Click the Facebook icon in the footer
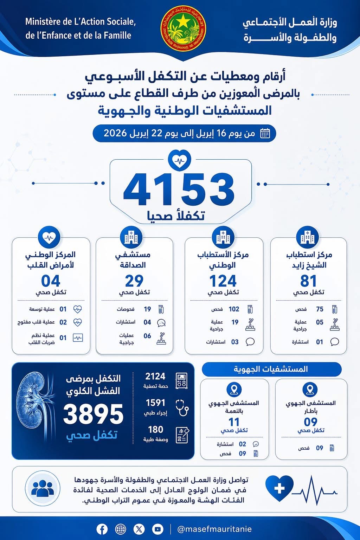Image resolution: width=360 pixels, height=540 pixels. point(102,529)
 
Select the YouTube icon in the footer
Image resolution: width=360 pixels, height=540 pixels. point(157,529)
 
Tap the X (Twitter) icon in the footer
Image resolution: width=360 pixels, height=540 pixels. point(139,529)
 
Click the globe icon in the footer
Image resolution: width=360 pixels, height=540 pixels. point(121,529)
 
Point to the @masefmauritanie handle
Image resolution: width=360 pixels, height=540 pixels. point(214,529)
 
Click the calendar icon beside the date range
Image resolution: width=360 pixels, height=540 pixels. point(265,134)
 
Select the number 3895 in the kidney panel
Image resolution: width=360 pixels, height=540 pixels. point(94,414)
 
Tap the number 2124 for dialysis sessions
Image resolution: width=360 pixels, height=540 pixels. point(155,377)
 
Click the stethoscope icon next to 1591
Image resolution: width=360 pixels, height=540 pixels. point(182,407)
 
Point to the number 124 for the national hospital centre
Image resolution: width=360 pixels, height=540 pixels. point(223,281)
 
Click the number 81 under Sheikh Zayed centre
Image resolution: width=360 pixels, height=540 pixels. point(309,281)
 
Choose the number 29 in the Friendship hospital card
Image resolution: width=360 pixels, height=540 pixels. point(134,281)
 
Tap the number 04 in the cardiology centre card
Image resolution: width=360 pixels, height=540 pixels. point(51,281)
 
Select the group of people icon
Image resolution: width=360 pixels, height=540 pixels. point(43,488)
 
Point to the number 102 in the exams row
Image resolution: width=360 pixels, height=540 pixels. point(234,309)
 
